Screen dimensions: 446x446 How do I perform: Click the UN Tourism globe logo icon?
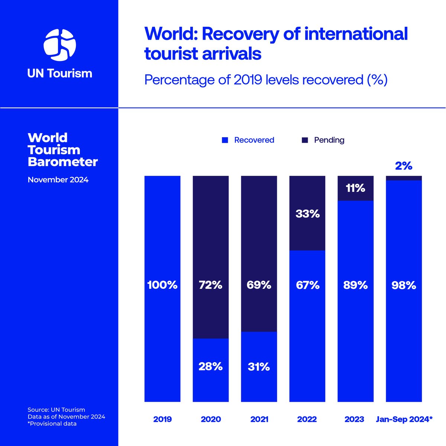(x=59, y=45)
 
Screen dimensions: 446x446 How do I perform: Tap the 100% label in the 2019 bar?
(x=162, y=285)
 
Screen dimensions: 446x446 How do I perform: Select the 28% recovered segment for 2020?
(x=210, y=370)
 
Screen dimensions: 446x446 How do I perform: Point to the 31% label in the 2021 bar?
(x=259, y=367)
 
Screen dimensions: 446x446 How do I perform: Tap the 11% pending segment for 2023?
(x=355, y=188)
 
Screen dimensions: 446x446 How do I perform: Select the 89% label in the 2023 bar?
(x=355, y=285)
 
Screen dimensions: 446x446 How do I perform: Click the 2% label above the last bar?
(x=404, y=166)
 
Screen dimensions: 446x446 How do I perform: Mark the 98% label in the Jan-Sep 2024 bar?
(x=404, y=285)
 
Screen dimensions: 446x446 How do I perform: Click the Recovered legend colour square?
(x=224, y=140)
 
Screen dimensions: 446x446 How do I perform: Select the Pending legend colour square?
(x=305, y=140)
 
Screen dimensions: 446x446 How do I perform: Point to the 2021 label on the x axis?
(x=259, y=419)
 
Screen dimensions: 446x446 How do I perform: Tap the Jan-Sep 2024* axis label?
(x=404, y=419)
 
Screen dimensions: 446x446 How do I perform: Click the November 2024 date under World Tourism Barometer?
(x=58, y=180)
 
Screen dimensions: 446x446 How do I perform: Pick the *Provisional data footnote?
(x=52, y=424)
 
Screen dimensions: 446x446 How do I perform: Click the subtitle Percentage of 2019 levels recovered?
(x=266, y=80)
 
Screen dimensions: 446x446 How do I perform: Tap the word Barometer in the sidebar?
(x=62, y=162)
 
